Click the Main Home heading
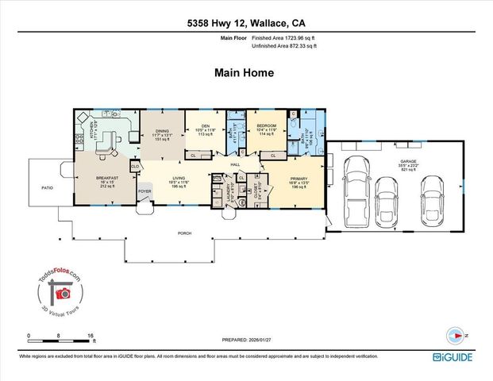click(245, 72)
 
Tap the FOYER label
click(145, 191)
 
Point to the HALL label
click(235, 164)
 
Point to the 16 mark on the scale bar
click(92, 337)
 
